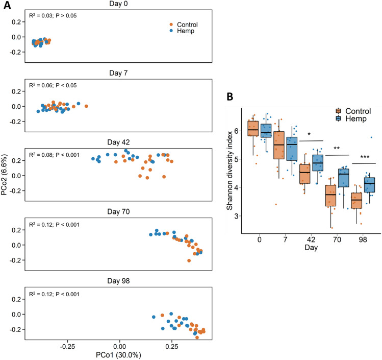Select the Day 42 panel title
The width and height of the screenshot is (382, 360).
[x=119, y=143]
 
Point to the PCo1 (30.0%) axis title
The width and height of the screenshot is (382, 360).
[x=120, y=353]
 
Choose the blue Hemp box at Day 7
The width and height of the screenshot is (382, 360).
[x=291, y=149]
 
